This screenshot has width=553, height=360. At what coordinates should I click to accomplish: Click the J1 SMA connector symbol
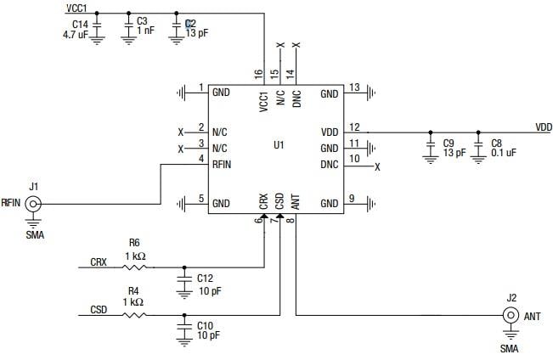point(34,204)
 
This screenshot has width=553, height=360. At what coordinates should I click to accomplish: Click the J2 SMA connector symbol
point(511,316)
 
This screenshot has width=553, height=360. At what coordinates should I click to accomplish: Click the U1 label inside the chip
point(278,145)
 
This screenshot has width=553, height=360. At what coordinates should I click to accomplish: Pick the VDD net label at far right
point(544,127)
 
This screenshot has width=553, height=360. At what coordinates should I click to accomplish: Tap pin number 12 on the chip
point(353,127)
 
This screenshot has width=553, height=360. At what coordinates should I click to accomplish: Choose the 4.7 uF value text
point(76,35)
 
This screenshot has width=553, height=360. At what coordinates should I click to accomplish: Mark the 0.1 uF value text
point(505,154)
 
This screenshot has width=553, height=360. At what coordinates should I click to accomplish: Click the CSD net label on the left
point(99,311)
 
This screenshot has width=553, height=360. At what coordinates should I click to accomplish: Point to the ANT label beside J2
point(533,317)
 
